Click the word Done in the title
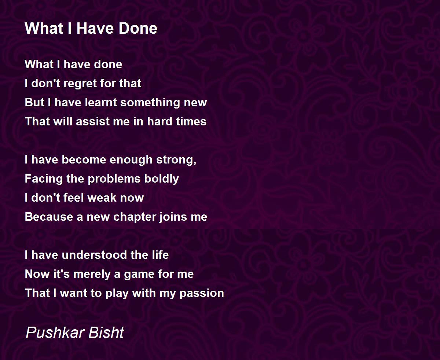click(x=138, y=28)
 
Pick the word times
click(x=191, y=122)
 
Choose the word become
click(x=84, y=160)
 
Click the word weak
click(x=102, y=198)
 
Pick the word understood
click(x=94, y=255)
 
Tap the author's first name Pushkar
click(x=55, y=333)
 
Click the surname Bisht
click(x=106, y=333)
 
